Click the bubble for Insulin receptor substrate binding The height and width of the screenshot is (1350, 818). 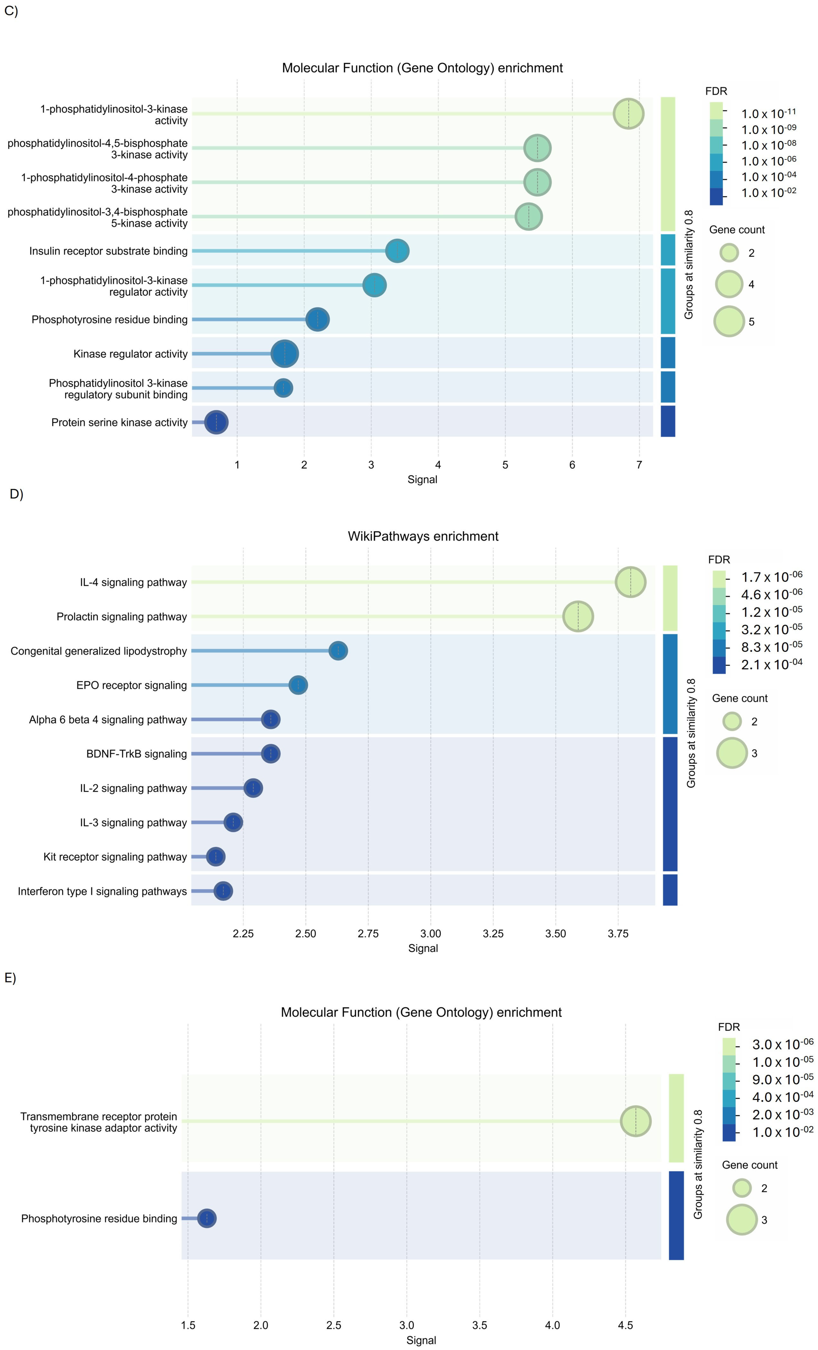coord(397,251)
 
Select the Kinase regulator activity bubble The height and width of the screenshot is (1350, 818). coord(284,354)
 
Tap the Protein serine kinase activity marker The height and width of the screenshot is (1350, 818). coord(217,422)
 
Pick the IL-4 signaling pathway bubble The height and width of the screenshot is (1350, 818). coord(631,582)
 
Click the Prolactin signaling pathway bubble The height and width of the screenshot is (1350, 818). coord(578,616)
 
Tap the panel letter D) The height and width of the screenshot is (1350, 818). coord(16,494)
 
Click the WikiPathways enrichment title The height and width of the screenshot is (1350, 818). coord(423,536)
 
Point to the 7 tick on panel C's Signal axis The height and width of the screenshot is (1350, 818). coord(639,465)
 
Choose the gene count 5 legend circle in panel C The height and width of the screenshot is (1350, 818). coord(729,322)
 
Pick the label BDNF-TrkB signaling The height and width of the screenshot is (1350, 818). coord(136,754)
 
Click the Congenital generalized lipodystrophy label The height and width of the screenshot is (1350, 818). coord(99,651)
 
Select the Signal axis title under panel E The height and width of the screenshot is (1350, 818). coord(421,1340)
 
